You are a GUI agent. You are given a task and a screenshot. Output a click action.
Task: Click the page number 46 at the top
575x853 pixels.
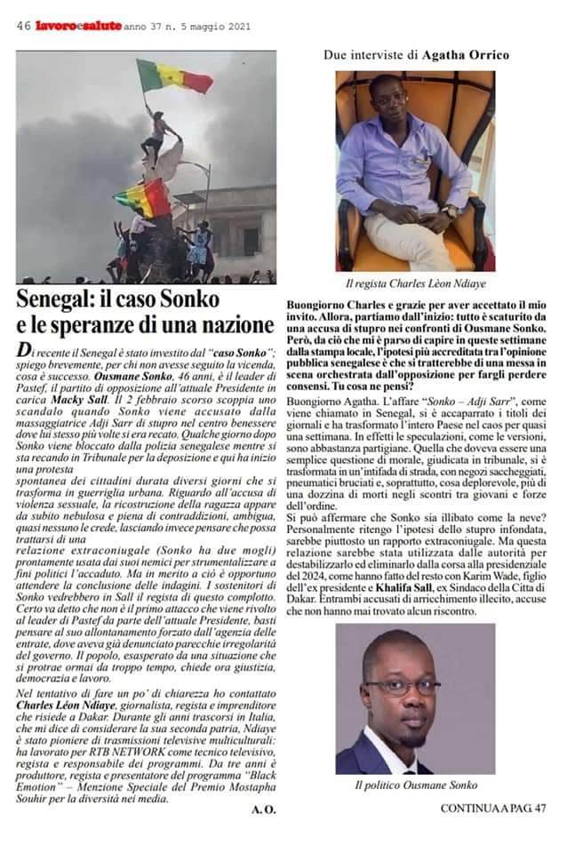point(24,27)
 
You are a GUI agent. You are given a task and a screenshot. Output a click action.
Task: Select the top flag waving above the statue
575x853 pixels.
point(175,77)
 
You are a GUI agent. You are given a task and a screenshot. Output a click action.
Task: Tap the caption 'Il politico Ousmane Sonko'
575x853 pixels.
point(416,785)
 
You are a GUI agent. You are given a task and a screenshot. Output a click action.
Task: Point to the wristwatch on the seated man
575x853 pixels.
point(451,211)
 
